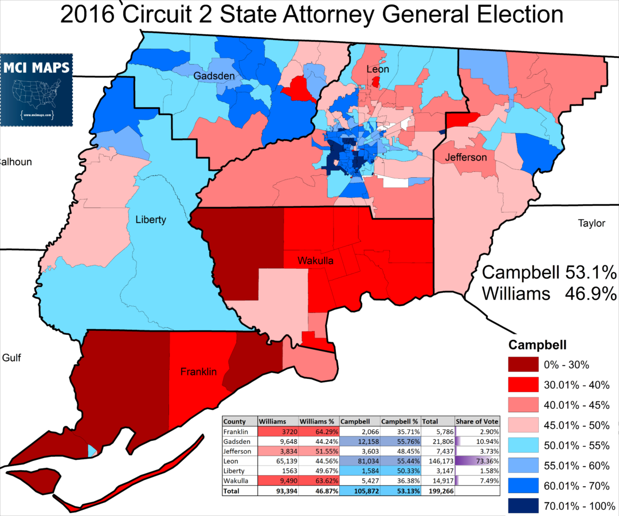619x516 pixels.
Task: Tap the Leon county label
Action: [378, 69]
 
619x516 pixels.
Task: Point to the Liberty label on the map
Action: [151, 220]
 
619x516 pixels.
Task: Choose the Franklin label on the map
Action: [198, 372]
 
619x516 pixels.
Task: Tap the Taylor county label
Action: [591, 223]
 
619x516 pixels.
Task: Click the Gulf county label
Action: [11, 358]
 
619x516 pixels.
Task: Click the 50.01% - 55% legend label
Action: [578, 445]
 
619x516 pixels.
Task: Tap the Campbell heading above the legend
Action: [538, 345]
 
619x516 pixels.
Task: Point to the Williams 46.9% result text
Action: [549, 294]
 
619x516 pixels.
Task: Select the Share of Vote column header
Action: [477, 421]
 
